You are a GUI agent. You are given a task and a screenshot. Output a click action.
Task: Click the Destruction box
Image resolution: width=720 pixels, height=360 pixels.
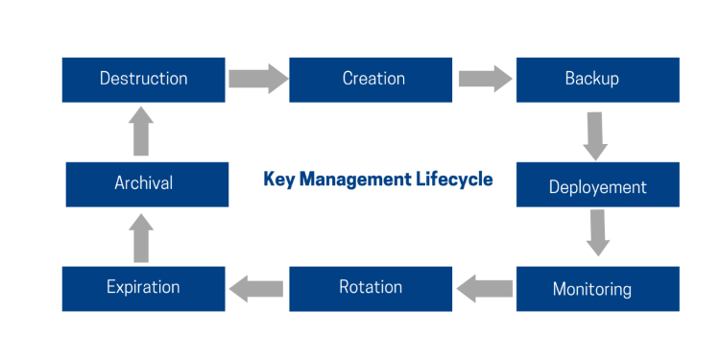point(144,80)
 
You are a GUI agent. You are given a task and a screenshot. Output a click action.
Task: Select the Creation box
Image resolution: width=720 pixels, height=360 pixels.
point(371,80)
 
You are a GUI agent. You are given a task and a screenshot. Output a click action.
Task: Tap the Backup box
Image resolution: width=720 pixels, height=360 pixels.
point(597,80)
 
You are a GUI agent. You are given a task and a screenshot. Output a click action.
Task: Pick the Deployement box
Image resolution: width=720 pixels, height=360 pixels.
point(597,185)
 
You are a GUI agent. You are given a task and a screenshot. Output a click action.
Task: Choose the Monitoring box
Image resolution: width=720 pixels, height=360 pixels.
point(597,289)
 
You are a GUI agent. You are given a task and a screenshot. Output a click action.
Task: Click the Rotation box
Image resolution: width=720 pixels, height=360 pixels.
point(371,288)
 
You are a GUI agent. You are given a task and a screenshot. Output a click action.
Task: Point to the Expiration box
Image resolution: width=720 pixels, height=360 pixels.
point(144,288)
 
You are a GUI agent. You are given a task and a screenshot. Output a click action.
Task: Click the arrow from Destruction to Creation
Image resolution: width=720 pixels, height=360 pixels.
point(257,78)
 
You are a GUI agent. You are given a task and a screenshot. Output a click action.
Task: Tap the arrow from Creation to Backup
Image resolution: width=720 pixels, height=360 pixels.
point(484,78)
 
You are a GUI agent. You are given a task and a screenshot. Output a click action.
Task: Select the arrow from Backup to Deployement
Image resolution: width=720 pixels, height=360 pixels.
point(596,135)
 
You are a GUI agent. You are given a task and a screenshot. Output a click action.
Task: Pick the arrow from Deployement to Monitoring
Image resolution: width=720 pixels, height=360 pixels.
point(598,232)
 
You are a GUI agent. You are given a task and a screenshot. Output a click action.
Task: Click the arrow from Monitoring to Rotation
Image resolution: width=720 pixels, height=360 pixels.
point(484,287)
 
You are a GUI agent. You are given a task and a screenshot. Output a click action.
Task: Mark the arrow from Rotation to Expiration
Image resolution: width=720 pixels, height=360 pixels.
point(256,287)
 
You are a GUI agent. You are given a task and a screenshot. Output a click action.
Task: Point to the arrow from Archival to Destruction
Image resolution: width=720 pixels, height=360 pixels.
point(141,132)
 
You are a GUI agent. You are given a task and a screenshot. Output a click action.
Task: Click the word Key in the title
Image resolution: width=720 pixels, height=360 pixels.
point(279,180)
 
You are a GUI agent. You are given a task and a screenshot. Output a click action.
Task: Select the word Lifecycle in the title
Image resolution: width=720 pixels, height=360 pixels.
point(457,180)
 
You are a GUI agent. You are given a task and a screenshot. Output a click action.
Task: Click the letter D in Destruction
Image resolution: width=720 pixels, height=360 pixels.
point(106,79)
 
